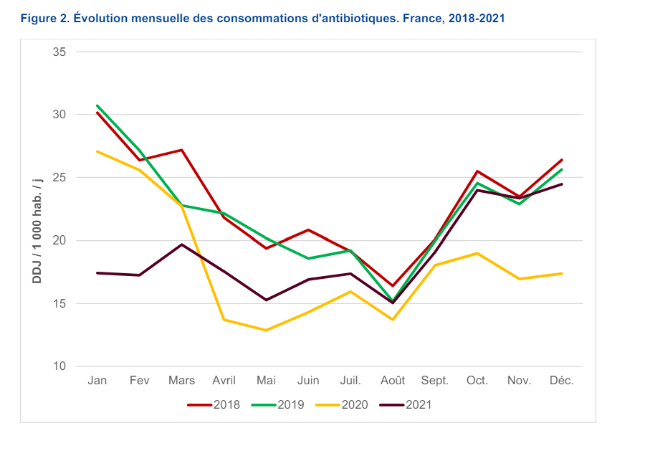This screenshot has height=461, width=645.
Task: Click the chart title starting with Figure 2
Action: point(263,19)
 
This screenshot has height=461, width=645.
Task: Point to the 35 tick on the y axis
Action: point(59,52)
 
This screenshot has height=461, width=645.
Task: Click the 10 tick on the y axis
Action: point(59,366)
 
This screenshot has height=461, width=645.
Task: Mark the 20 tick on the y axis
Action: point(59,241)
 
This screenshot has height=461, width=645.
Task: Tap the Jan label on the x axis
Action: point(97,381)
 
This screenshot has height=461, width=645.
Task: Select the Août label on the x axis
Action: point(393,381)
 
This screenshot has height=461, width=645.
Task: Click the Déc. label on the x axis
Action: point(562,381)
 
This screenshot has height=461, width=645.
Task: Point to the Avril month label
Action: point(224,381)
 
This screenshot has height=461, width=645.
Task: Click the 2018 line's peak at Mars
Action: point(181,150)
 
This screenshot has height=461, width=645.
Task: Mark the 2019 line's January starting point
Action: point(97,105)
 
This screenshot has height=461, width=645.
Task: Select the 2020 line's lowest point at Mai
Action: point(266,331)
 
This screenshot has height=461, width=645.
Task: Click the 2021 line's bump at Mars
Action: point(181,244)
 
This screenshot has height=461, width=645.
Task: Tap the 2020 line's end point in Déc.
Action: point(562,273)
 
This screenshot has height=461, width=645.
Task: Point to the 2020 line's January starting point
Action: point(97,151)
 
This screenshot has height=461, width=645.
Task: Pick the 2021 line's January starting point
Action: point(97,273)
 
